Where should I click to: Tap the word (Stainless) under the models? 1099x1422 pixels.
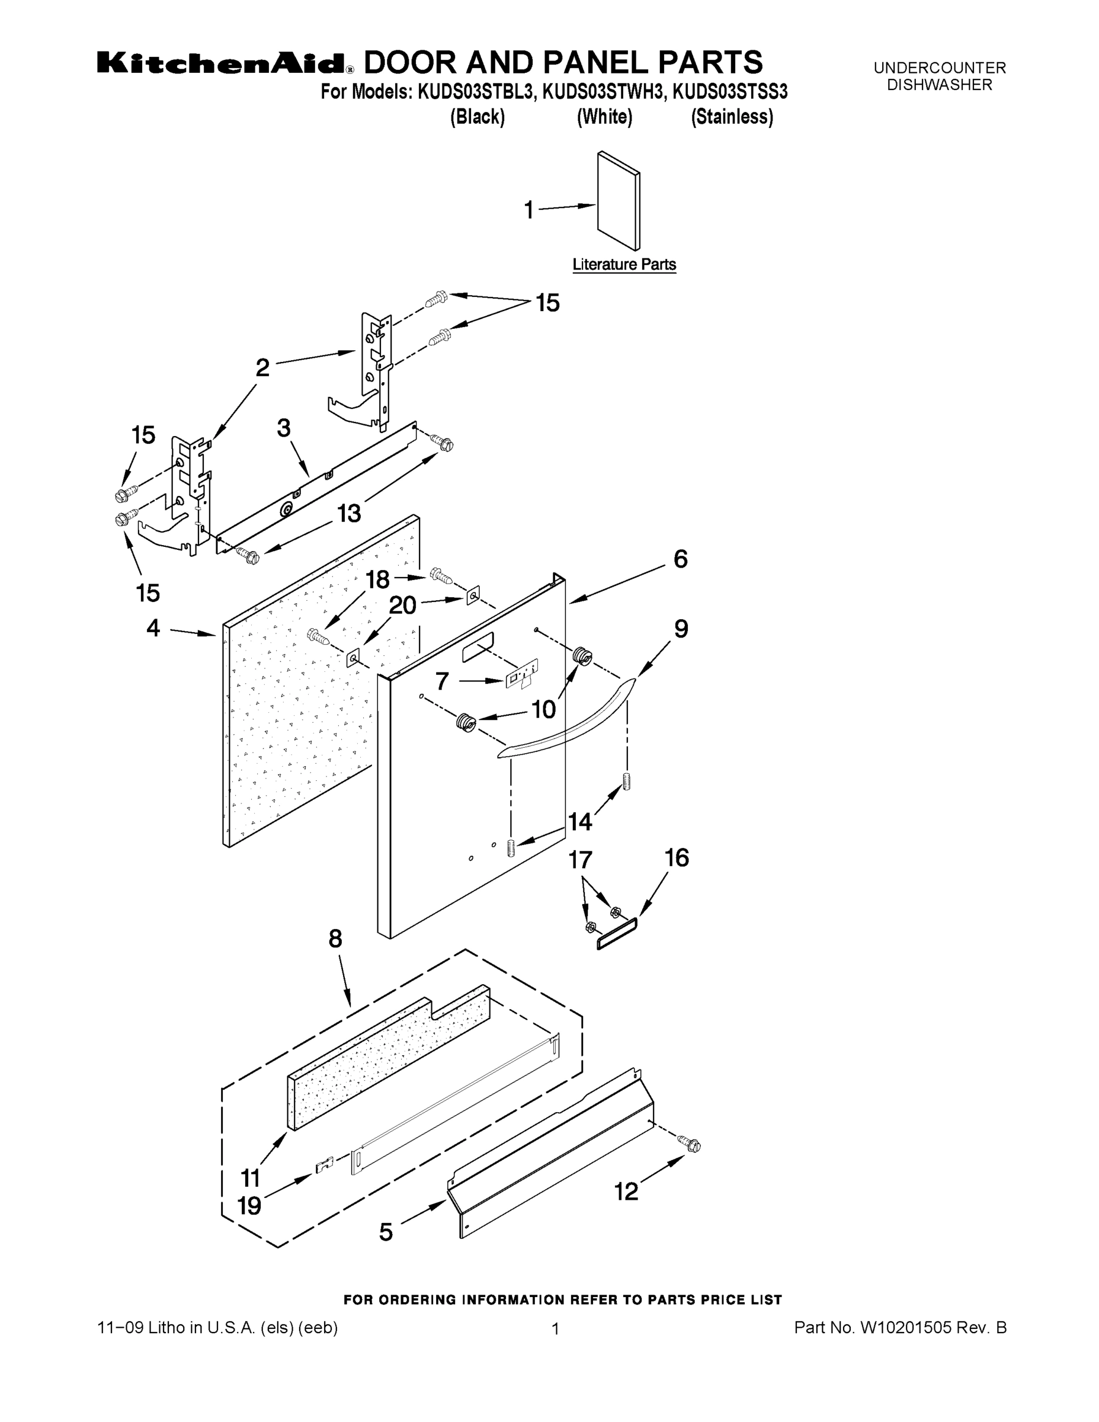732,117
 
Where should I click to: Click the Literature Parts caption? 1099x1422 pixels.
624,264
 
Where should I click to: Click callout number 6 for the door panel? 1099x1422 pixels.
680,559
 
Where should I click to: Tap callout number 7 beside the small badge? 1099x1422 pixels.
442,681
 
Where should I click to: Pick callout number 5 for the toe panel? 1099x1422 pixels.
386,1232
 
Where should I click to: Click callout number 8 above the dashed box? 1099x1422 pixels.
335,939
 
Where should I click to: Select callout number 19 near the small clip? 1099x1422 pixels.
249,1205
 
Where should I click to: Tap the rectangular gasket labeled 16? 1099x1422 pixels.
617,934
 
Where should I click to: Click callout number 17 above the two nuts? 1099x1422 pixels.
580,860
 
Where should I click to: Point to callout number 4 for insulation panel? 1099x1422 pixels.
153,628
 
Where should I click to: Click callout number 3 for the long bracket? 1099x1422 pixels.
284,428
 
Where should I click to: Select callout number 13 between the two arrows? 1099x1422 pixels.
349,514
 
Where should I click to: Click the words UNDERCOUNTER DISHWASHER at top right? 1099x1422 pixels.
940,76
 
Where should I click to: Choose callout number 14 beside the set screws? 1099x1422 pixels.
580,822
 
